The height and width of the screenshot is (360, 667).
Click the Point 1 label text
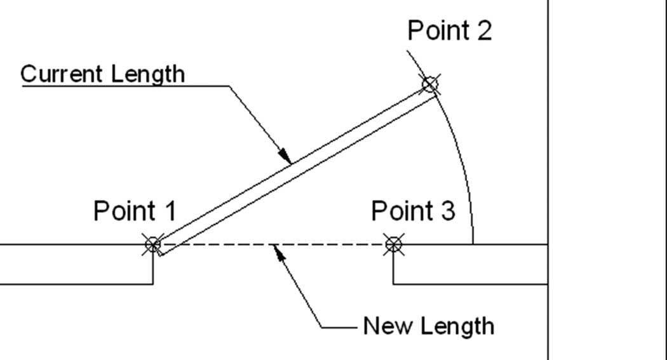point(135,210)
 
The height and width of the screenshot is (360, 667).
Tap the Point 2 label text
point(450,30)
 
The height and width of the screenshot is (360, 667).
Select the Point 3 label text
point(413,210)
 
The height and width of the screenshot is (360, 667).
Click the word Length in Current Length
point(142,74)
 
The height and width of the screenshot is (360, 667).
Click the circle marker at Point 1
point(152,244)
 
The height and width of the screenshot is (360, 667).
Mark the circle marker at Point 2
point(429,84)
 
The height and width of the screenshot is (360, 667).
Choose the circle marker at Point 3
point(393,244)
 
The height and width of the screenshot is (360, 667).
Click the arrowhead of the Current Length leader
point(285,156)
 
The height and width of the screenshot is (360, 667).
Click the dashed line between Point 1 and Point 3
point(273,244)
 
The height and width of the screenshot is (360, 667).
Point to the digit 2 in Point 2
point(485,30)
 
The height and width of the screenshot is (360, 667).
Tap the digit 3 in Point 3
point(447,211)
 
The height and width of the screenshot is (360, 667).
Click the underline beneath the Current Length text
point(126,86)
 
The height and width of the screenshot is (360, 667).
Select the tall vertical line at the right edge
point(548,180)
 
